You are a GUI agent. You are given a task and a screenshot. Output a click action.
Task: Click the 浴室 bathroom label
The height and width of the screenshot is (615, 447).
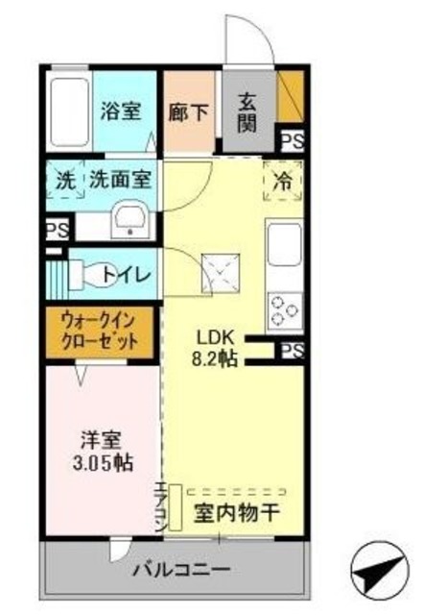tap(122, 111)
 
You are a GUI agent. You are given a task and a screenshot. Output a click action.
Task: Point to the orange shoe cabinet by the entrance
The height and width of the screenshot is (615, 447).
tap(289, 99)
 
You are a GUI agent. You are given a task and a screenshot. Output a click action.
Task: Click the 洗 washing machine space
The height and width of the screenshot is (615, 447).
tap(63, 179)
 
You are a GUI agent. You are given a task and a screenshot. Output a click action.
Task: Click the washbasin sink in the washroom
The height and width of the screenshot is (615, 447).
tap(129, 221)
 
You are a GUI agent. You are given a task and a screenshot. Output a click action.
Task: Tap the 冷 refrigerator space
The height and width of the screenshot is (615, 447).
tap(284, 180)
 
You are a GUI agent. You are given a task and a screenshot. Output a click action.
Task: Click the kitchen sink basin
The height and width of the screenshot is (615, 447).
tap(285, 246)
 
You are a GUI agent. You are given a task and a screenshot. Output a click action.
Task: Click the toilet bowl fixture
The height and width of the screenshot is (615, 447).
tap(88, 275)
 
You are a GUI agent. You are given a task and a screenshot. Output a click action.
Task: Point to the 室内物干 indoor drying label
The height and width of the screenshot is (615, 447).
tap(237, 512)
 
